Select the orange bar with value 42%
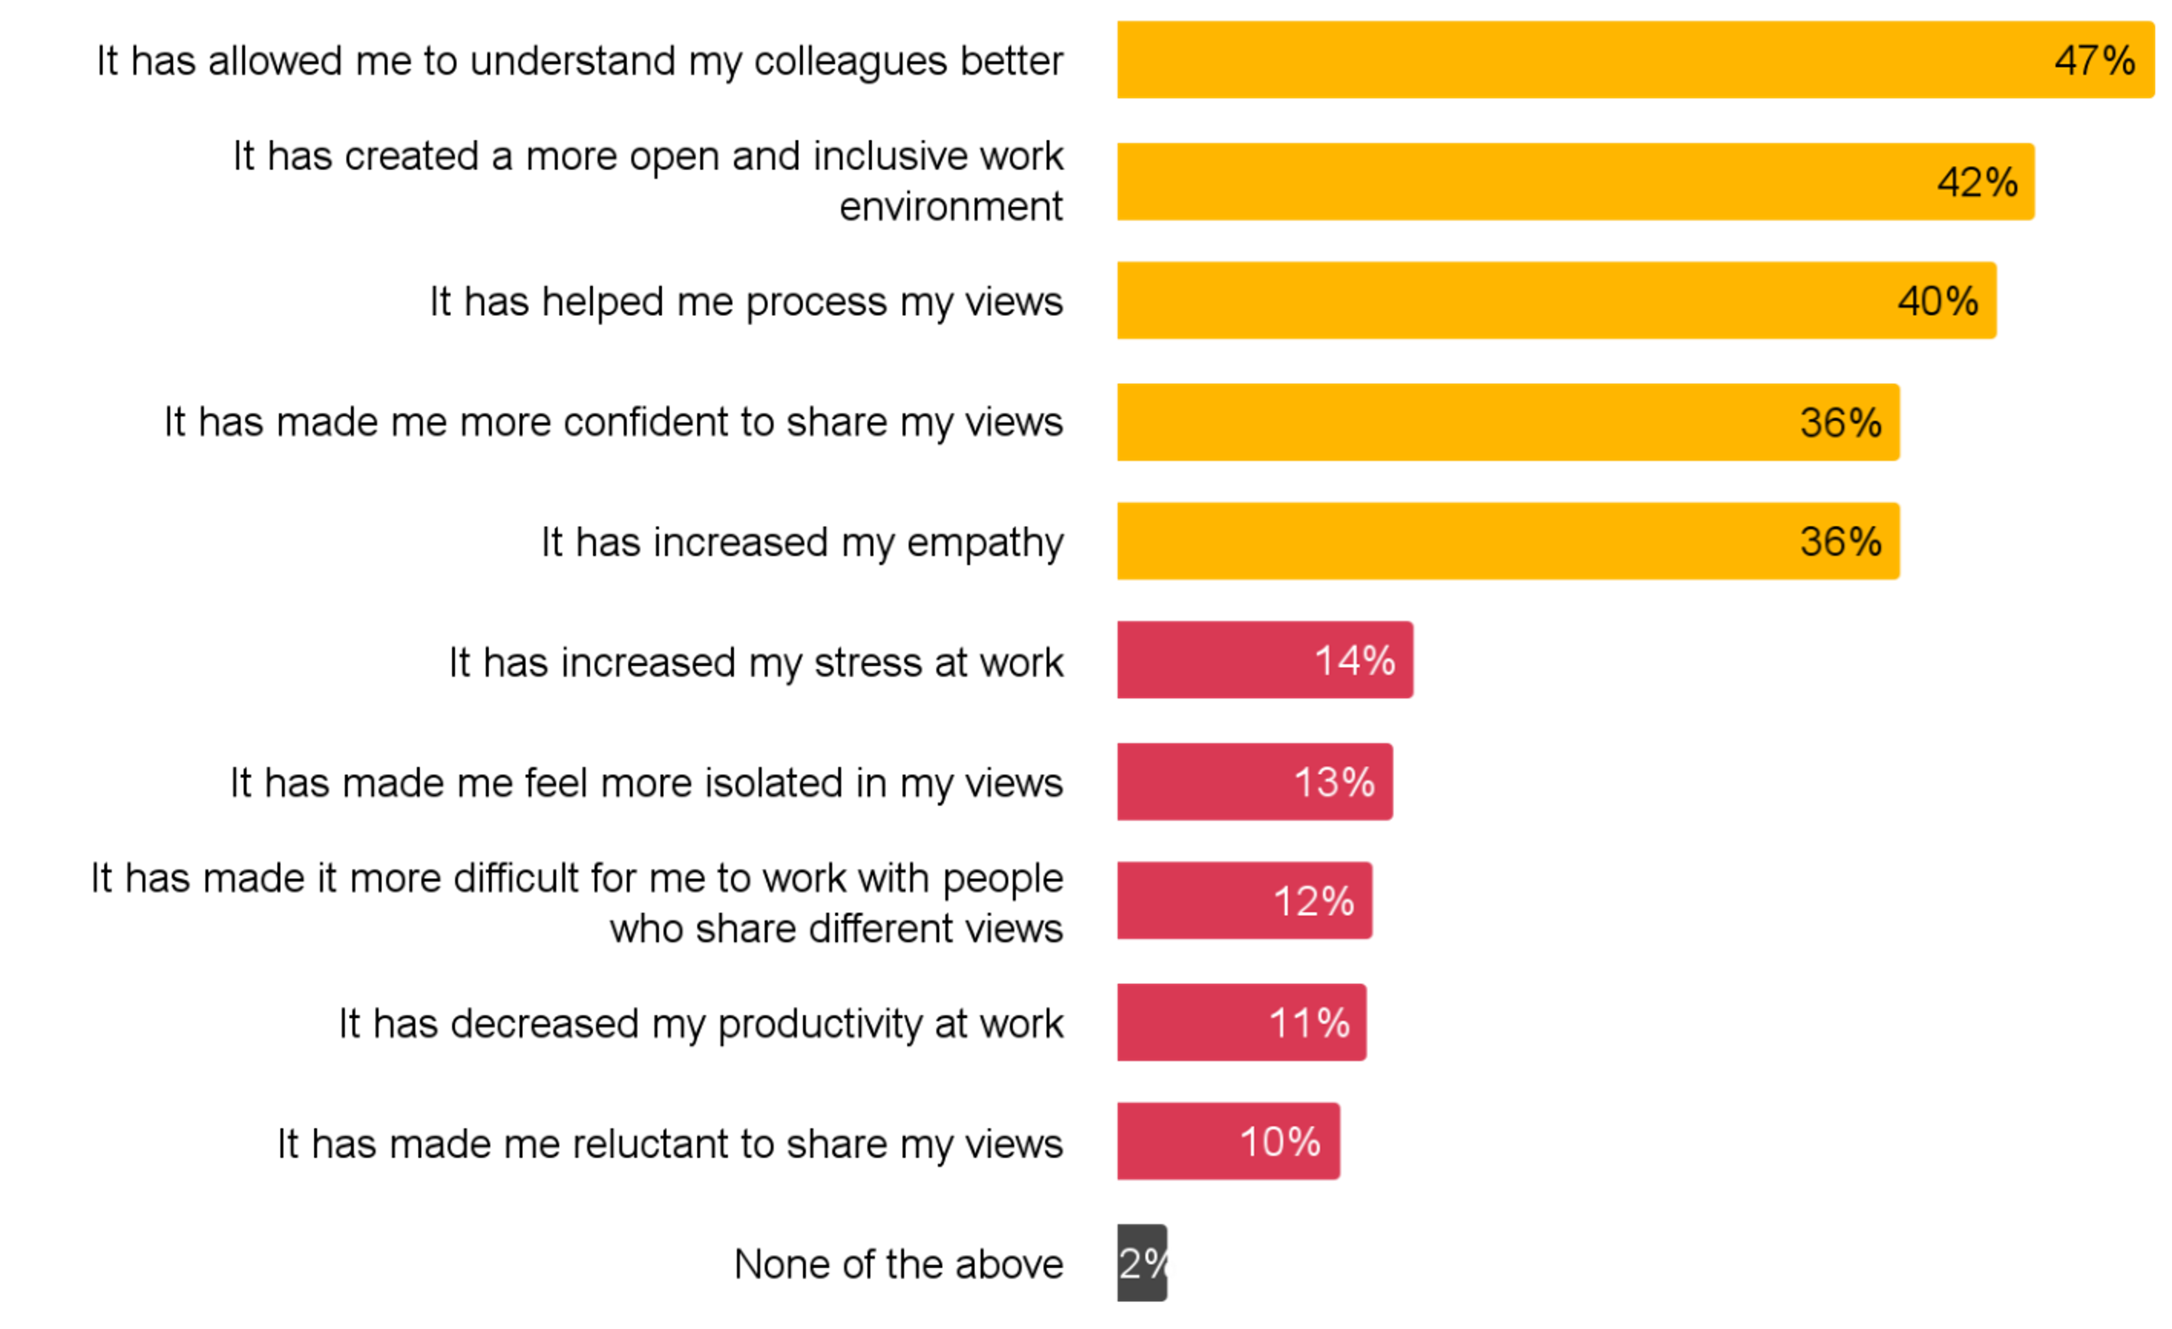(x=1525, y=182)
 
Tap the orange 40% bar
(x=1499, y=301)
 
